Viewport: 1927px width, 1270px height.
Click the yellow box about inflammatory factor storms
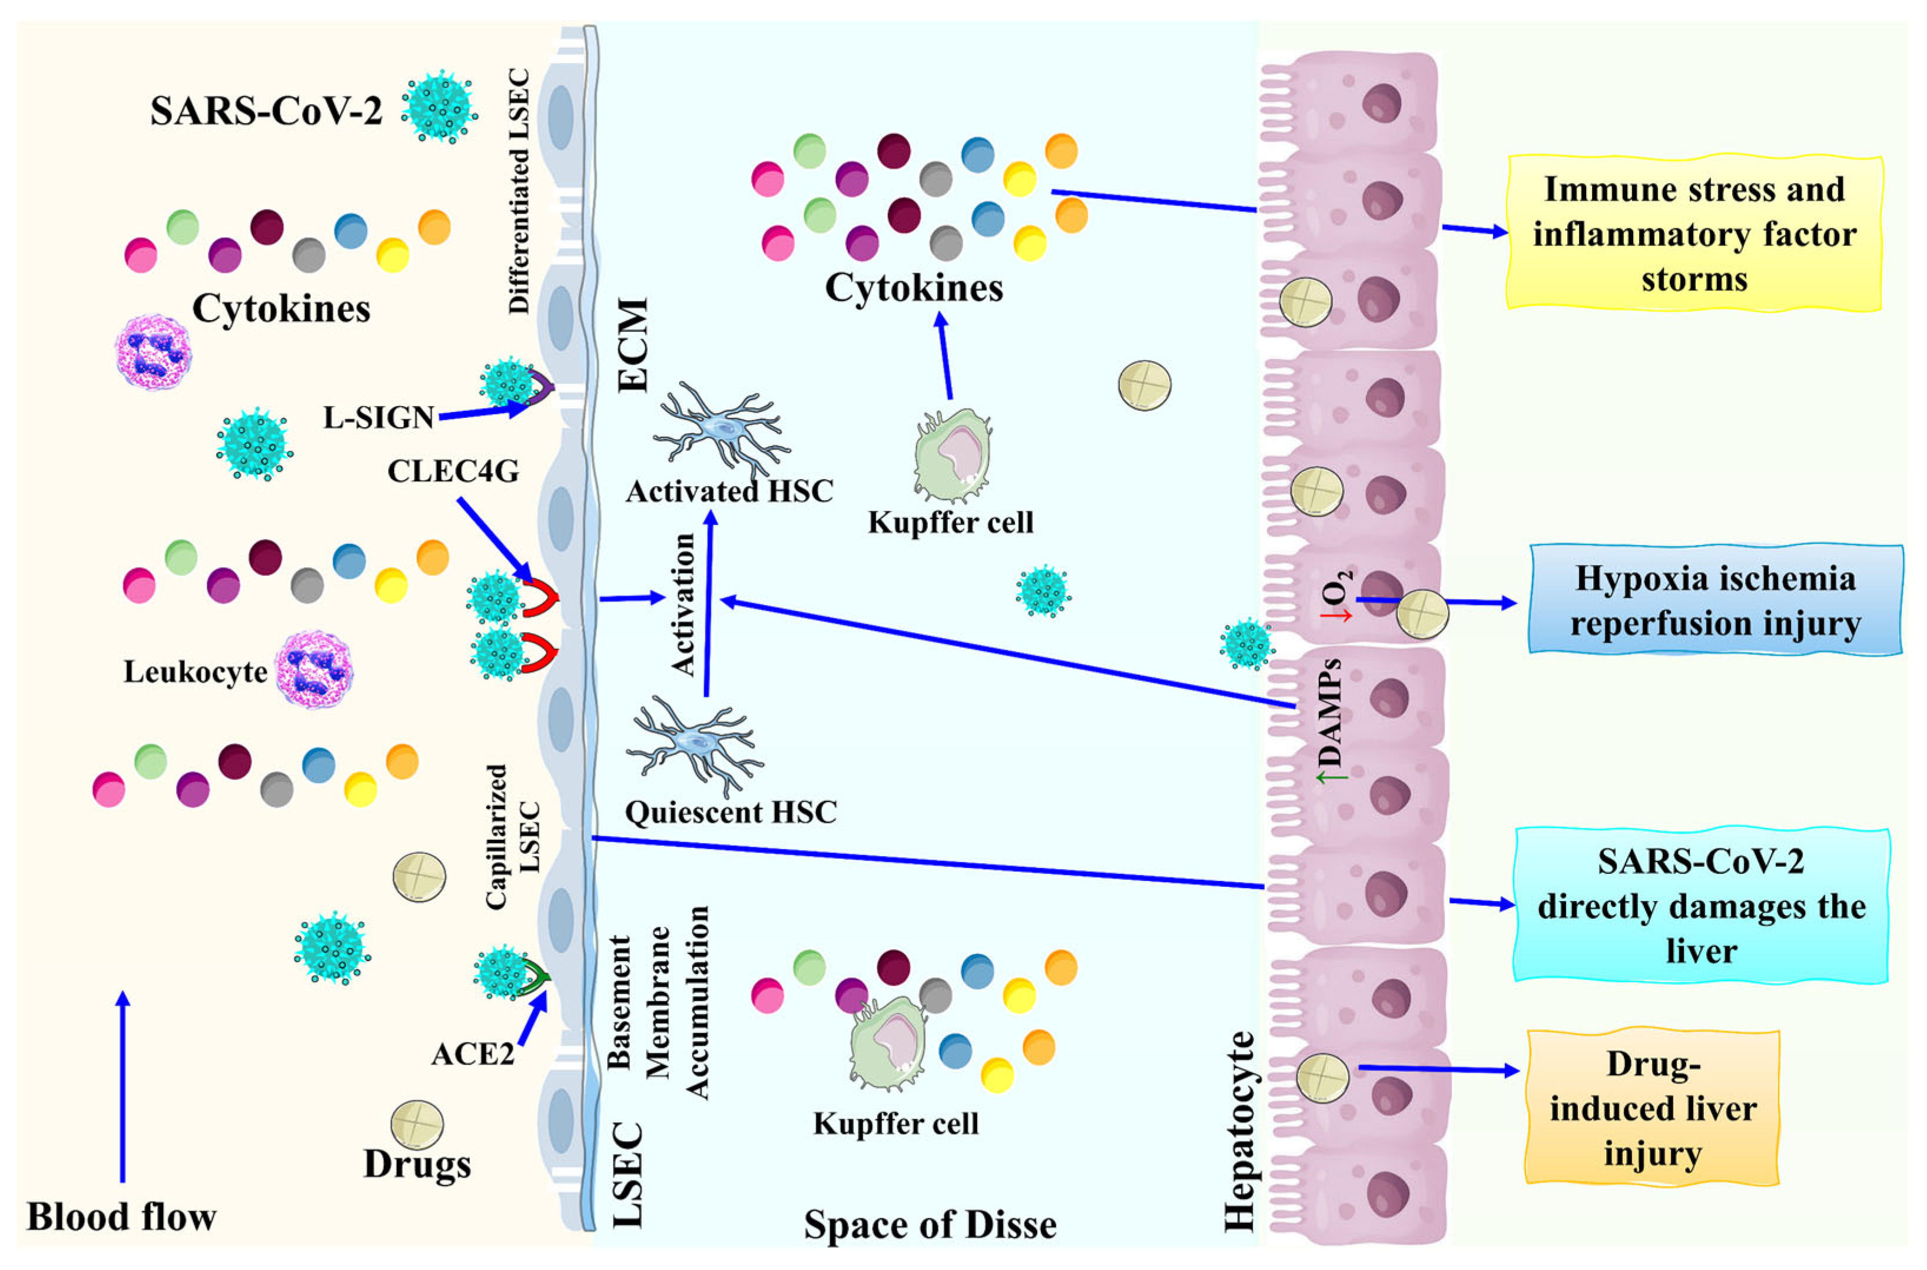(1694, 233)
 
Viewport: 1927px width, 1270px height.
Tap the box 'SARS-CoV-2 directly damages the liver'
(1700, 906)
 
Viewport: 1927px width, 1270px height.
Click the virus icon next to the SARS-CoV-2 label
(439, 106)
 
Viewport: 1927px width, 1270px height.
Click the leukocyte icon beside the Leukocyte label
(314, 670)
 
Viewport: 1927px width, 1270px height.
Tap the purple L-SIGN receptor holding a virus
(541, 385)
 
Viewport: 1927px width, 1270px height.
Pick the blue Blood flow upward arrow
(122, 1085)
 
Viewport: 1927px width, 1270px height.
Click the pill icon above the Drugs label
(416, 1123)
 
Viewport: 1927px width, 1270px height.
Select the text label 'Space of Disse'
(930, 1225)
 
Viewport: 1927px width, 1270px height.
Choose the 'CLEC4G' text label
(453, 471)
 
